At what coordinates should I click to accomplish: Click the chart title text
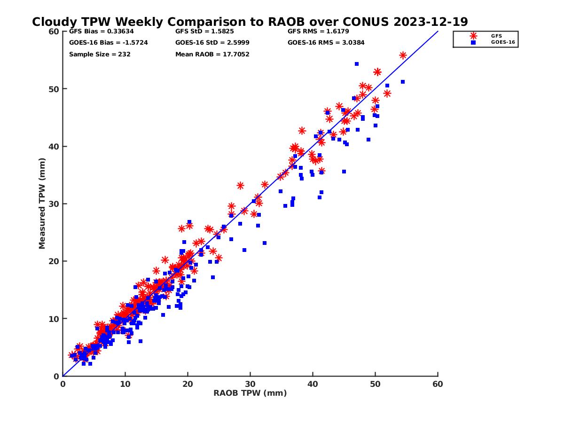coord(250,22)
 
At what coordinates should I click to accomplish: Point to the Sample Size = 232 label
coord(100,54)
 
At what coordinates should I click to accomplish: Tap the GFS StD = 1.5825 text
coord(205,32)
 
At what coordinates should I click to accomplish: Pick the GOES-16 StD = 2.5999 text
coord(212,43)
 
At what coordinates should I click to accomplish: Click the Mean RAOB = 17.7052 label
coord(212,54)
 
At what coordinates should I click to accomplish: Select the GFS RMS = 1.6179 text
coord(318,32)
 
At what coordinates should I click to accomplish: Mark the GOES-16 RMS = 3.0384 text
coord(326,43)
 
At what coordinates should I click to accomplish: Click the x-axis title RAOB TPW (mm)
coord(250,393)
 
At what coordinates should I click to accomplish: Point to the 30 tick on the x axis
coord(250,384)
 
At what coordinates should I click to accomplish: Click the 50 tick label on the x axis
coord(375,384)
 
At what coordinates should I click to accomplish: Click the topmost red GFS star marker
coord(403,55)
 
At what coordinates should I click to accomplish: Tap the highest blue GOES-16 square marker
coord(357,64)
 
